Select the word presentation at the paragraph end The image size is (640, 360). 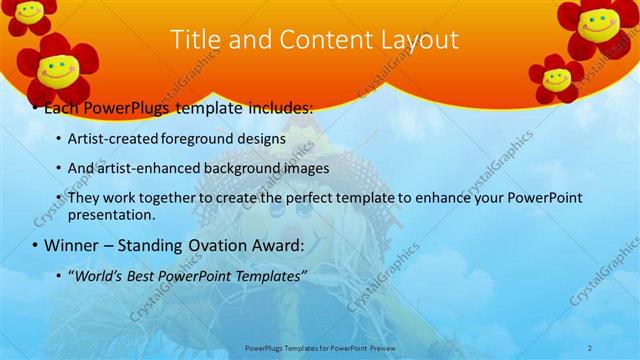110,214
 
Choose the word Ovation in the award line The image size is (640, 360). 208,245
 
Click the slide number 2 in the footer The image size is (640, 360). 591,348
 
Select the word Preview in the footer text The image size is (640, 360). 377,348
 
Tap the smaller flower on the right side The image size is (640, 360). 556,77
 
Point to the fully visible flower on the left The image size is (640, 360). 59,70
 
